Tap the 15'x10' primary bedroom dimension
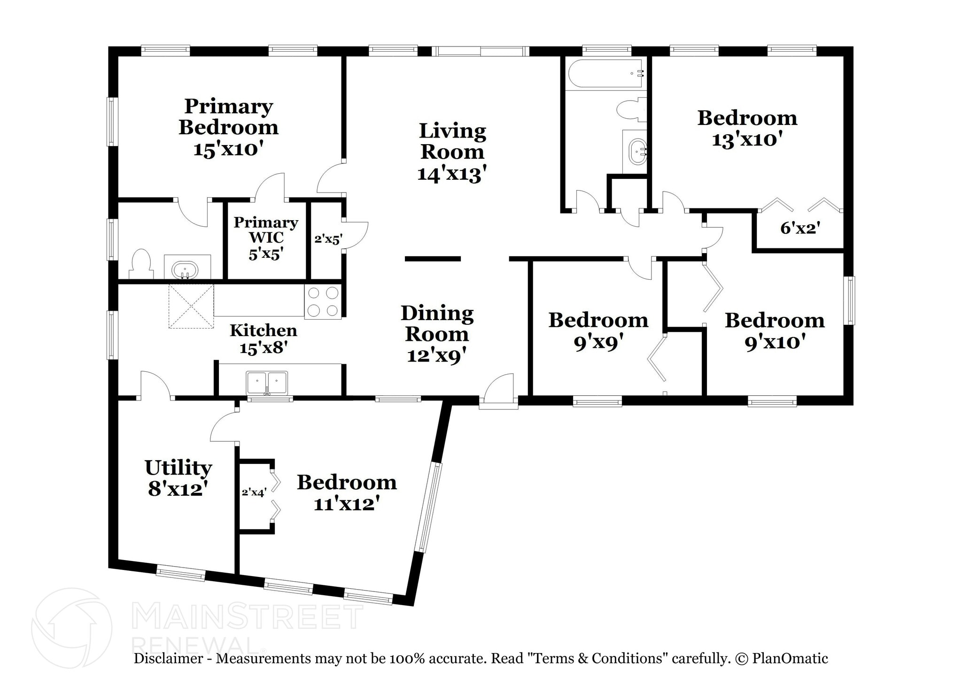coord(228,149)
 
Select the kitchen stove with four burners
coord(323,302)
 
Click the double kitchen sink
coord(267,383)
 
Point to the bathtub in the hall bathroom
coord(605,73)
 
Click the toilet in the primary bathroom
coord(141,265)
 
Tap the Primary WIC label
coord(266,230)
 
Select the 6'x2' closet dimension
coord(800,228)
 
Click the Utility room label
coord(178,468)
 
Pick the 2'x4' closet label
coord(254,492)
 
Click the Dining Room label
coord(437,323)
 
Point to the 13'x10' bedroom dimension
coord(747,139)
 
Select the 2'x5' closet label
coord(328,239)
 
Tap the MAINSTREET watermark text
coord(248,616)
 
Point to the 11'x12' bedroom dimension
coord(346,504)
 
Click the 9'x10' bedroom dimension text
coord(775,342)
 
